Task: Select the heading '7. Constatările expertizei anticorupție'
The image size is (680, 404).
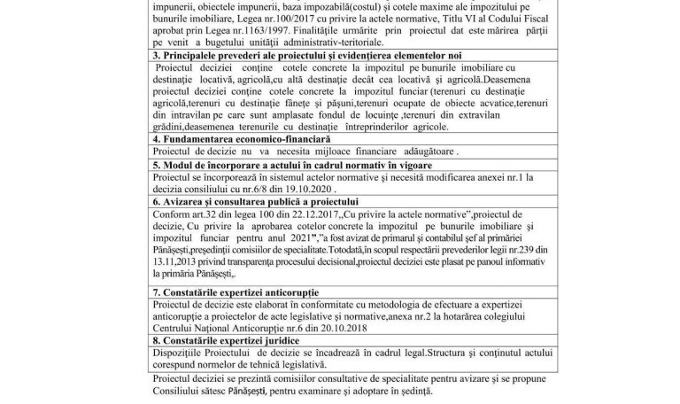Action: (236, 291)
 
